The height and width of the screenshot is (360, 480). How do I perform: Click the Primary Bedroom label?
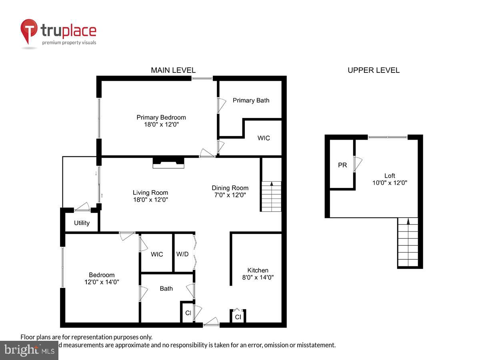[161, 117]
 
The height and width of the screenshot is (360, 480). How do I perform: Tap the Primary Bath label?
[251, 100]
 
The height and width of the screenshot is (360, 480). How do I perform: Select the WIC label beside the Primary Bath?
[263, 138]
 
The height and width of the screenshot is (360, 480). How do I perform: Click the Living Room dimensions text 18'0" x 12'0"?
[150, 200]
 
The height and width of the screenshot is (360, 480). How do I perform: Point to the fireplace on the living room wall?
[168, 162]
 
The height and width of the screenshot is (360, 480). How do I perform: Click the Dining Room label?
[230, 188]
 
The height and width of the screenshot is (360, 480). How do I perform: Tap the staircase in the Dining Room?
[271, 196]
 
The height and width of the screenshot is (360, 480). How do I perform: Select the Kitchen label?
[258, 270]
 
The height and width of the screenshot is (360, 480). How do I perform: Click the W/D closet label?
[182, 254]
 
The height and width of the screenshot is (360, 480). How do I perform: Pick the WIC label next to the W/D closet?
[157, 254]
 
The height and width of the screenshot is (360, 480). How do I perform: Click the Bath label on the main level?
[166, 288]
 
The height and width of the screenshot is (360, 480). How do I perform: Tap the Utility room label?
[82, 223]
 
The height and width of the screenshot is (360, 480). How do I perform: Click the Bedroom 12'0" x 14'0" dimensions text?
[102, 282]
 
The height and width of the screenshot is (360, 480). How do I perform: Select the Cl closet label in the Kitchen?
[238, 317]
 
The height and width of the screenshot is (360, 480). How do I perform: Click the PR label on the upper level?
[342, 165]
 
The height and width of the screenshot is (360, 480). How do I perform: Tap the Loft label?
[390, 176]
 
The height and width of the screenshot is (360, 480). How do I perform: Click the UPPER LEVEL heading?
[373, 70]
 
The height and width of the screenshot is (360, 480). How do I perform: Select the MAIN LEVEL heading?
[173, 70]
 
